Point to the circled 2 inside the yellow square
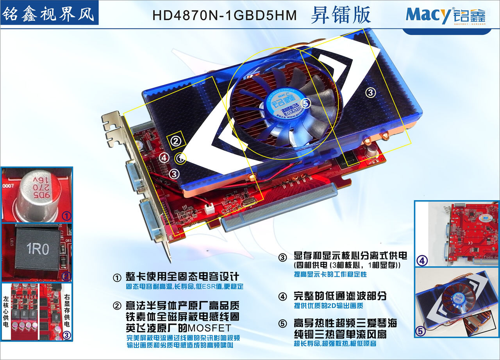click(x=176, y=140)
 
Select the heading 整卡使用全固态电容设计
click(x=183, y=277)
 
